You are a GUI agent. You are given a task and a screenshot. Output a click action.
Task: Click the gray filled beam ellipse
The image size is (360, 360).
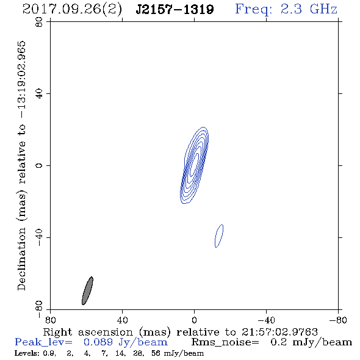pos(87,290)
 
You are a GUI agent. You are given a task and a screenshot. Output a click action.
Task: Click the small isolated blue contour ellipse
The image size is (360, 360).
pos(219,236)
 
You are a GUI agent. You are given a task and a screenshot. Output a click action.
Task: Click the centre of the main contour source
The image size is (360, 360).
pos(194,165)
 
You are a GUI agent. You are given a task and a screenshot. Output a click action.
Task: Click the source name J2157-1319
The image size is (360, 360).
pos(175,9)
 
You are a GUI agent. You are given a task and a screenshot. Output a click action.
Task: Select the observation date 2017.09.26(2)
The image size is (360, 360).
pos(72,10)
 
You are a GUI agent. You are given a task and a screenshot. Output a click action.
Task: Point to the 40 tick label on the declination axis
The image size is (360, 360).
pos(39,94)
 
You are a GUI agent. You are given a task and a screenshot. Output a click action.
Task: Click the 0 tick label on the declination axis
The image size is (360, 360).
pos(39,165)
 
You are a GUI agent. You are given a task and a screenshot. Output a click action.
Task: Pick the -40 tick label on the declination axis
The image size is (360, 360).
pos(39,237)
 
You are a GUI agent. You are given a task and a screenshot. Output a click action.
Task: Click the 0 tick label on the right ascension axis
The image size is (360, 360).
pos(194,320)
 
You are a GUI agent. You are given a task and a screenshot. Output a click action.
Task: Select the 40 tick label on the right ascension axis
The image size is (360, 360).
pos(123,320)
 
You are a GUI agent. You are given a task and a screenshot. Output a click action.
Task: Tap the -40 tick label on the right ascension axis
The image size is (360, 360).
pos(266,320)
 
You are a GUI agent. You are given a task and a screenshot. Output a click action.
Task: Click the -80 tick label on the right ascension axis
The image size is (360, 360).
pos(338,320)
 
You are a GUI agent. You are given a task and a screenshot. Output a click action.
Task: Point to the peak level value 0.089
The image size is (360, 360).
pos(98,342)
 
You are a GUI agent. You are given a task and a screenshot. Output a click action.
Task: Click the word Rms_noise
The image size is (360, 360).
pos(225,342)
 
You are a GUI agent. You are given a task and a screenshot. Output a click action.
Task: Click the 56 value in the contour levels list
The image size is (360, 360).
pos(156,353)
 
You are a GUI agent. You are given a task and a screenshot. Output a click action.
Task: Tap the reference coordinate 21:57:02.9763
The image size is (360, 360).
pos(279,332)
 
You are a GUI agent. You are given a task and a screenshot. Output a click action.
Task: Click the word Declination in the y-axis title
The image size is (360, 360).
pos(21,259)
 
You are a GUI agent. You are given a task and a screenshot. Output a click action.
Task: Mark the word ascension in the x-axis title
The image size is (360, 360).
pos(106,332)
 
